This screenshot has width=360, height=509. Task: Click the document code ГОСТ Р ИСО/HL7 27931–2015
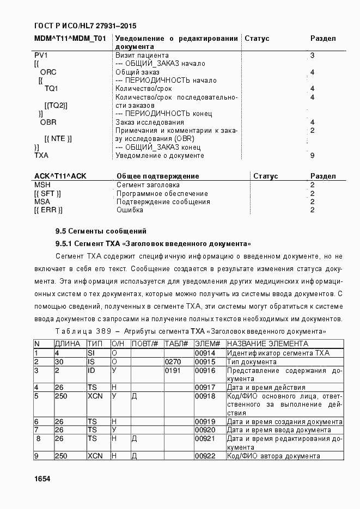(85, 26)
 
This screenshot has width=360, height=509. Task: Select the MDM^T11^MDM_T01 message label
(70, 39)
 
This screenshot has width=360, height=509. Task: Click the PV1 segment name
(41, 56)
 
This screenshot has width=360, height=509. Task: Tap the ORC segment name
(48, 72)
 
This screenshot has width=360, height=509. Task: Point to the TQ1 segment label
(51, 89)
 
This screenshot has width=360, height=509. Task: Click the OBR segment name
(48, 122)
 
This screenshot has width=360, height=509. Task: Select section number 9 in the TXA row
(312, 156)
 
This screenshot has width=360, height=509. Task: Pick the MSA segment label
(42, 202)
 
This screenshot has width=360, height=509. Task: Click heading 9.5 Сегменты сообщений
(101, 231)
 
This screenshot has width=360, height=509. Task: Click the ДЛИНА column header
(68, 344)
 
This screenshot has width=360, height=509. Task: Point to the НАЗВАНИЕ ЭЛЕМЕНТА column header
(267, 344)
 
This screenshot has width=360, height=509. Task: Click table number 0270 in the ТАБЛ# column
(172, 362)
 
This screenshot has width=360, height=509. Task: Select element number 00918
(205, 396)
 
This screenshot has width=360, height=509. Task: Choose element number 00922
(205, 456)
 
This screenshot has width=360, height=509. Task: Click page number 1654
(42, 479)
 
